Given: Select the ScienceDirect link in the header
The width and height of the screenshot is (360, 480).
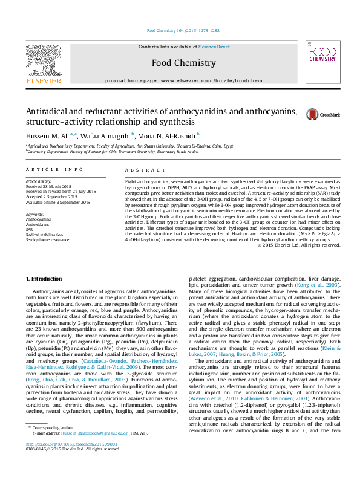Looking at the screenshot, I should [x=214, y=47].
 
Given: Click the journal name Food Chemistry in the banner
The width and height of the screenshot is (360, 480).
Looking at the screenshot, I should [x=183, y=63].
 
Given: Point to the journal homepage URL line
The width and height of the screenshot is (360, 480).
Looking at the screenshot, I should [x=183, y=80].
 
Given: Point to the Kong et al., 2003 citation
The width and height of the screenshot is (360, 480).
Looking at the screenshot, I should [x=324, y=284].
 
